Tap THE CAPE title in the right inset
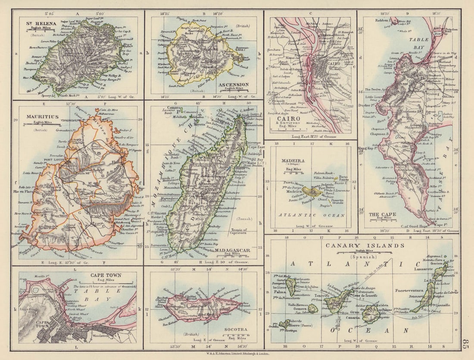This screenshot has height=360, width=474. click(379, 214)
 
